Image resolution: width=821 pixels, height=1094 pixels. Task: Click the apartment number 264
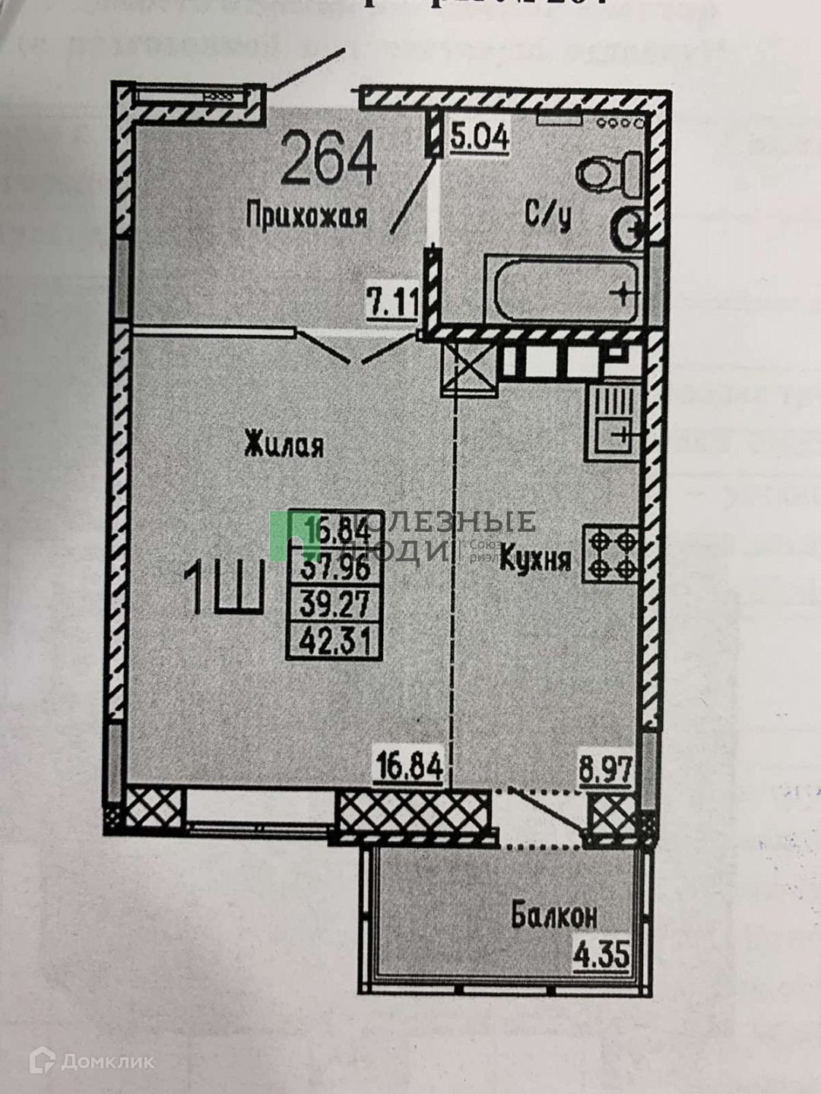point(329,158)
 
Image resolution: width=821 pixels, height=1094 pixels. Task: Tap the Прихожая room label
point(306,217)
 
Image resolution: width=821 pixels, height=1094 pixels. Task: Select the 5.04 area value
point(479,138)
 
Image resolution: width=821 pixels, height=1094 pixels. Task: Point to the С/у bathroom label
point(547,216)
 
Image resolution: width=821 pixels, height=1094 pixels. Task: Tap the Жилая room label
point(284,444)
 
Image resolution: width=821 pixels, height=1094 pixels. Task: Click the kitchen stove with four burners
point(610,555)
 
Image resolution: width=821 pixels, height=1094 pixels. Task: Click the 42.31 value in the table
point(334,643)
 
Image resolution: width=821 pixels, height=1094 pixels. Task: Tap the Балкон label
point(554,916)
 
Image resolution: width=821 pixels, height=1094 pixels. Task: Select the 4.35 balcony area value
point(603,954)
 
